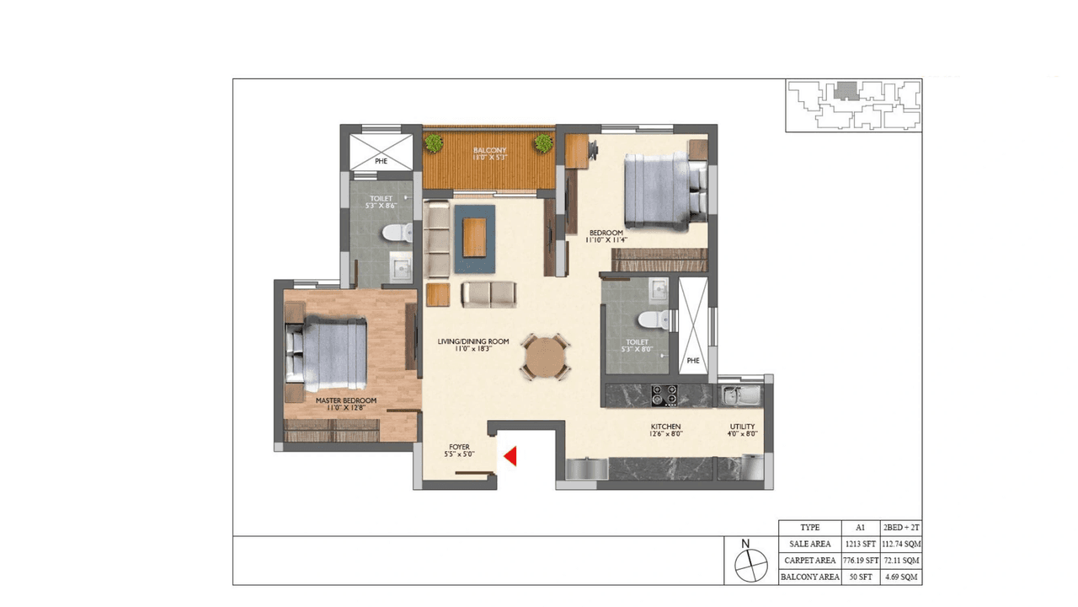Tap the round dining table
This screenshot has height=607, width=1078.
(545, 357)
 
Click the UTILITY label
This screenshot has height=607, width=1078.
(742, 427)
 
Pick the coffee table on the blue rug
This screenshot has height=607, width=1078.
(475, 237)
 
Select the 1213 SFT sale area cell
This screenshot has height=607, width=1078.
(860, 544)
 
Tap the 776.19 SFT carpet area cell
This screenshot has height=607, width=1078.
(860, 561)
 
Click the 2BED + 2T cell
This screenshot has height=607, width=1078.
(901, 527)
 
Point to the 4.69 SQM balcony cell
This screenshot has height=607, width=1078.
(901, 577)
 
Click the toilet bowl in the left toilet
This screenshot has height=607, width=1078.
(395, 234)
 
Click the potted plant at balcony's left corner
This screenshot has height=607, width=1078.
(434, 143)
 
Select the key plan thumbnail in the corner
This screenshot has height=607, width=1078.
(853, 105)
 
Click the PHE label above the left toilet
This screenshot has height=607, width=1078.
(381, 159)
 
